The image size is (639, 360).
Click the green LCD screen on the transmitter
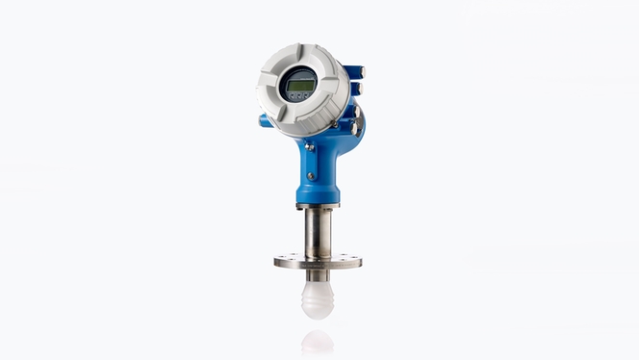pos(300,85)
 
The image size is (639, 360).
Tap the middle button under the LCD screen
pos(299,96)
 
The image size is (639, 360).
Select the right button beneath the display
pos(306,95)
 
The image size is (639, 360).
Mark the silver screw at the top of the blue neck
pos(309,146)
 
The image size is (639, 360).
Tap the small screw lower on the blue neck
pos(310,175)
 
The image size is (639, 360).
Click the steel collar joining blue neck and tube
pos(318,206)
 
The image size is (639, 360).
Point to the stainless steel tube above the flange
pos(318,231)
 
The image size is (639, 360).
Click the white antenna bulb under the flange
pos(318,298)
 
